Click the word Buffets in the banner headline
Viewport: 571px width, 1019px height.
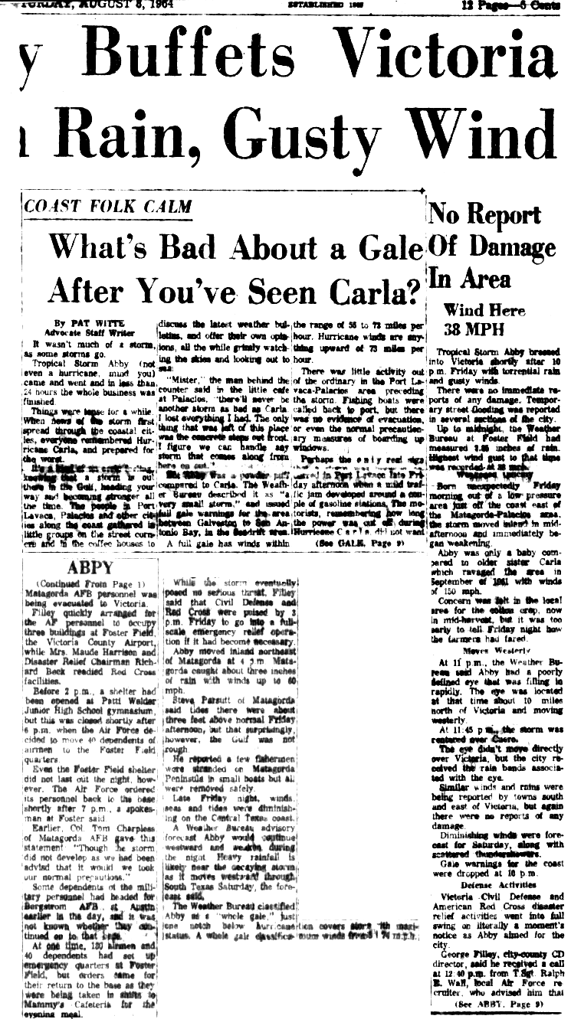(191, 59)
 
